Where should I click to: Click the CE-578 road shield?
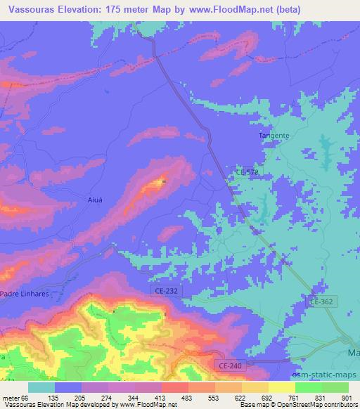[245, 172]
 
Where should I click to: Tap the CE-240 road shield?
[226, 366]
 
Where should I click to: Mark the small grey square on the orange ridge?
[164, 181]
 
